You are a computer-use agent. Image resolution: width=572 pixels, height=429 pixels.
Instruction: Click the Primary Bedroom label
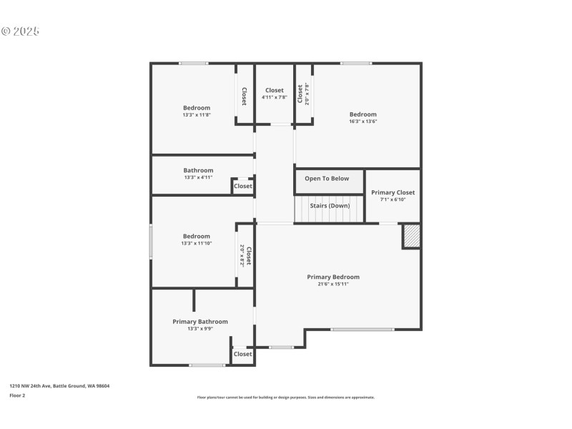pyautogui.click(x=332, y=277)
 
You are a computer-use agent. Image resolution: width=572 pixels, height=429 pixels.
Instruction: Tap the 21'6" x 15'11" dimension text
pyautogui.click(x=332, y=284)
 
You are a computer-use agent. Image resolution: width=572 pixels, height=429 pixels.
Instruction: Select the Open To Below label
pyautogui.click(x=327, y=179)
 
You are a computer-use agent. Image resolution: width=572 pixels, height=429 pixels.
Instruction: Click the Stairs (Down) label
pyautogui.click(x=330, y=206)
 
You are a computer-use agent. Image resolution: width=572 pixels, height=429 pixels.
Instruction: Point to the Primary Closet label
pyautogui.click(x=393, y=192)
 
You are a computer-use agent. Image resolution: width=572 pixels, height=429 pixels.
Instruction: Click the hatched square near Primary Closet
pyautogui.click(x=411, y=236)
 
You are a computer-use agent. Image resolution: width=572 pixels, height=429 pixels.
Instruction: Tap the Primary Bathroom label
pyautogui.click(x=200, y=322)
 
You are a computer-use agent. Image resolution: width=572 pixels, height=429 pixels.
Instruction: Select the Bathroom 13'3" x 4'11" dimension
pyautogui.click(x=198, y=177)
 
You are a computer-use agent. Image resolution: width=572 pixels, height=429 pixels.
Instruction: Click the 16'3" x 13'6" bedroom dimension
pyautogui.click(x=363, y=122)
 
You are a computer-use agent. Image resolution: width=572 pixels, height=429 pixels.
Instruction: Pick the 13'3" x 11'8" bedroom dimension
pyautogui.click(x=196, y=114)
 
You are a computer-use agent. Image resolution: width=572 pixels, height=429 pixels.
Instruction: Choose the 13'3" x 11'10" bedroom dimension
pyautogui.click(x=196, y=243)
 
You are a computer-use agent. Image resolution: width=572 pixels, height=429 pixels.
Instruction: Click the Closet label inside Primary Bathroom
pyautogui.click(x=242, y=354)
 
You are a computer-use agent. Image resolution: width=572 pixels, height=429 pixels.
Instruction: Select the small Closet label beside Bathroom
pyautogui.click(x=242, y=187)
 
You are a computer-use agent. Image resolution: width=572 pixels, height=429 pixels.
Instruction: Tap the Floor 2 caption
pyautogui.click(x=17, y=395)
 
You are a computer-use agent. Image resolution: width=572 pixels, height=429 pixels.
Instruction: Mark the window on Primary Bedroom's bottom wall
pyautogui.click(x=362, y=329)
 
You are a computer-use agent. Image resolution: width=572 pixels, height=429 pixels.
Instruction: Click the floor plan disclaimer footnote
pyautogui.click(x=285, y=398)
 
